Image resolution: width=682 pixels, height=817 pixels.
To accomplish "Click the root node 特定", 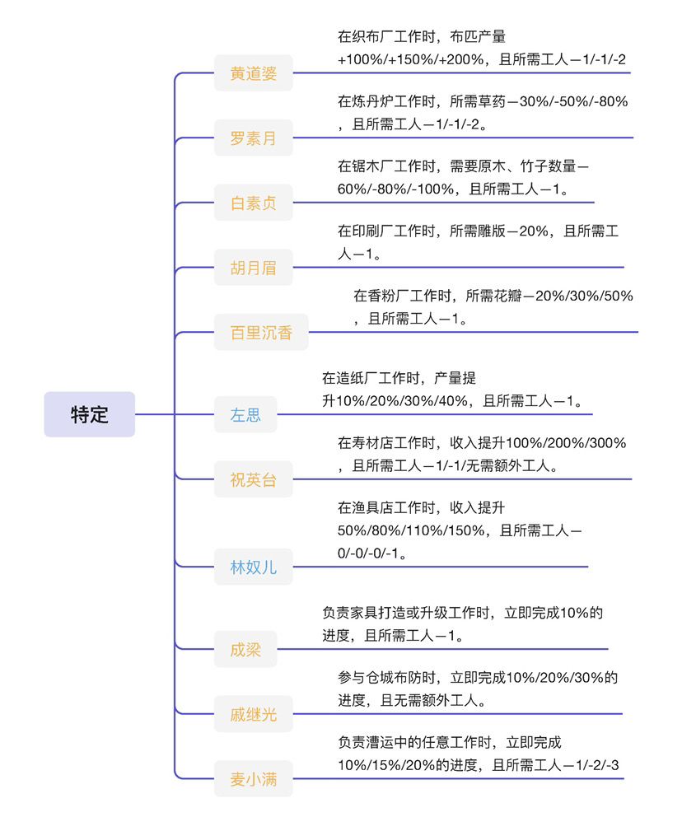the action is [x=89, y=414].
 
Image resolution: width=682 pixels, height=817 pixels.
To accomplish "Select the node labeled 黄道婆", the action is [x=253, y=73].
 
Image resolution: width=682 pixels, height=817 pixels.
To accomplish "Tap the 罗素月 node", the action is [x=253, y=138].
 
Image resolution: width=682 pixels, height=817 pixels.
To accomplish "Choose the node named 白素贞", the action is [x=253, y=203].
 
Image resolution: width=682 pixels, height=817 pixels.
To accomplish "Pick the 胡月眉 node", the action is [x=253, y=268].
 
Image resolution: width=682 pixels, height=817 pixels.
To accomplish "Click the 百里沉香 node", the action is [x=261, y=332].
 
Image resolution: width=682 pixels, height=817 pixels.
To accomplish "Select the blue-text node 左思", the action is [x=245, y=414].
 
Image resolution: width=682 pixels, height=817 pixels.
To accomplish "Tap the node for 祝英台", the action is [x=253, y=479].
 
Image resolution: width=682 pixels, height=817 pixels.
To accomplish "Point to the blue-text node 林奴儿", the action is [x=253, y=567].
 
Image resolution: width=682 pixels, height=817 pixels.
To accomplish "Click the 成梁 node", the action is [x=245, y=649].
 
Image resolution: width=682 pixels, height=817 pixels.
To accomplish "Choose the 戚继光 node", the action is [x=253, y=714].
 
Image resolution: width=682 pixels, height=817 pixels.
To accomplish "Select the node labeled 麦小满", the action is [x=253, y=778].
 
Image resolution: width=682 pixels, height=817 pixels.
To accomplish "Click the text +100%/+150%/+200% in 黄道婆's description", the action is [x=410, y=59].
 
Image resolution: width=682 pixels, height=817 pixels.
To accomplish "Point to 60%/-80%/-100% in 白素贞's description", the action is [x=395, y=189].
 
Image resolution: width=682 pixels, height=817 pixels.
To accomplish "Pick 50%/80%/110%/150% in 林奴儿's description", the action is [x=411, y=530].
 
